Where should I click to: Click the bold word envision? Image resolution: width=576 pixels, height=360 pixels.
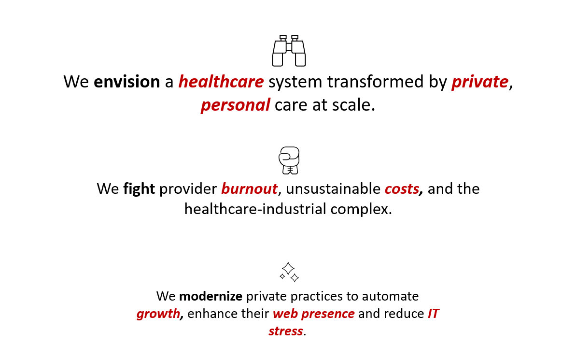pyautogui.click(x=126, y=82)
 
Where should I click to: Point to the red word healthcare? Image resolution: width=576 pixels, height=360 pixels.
pyautogui.click(x=221, y=82)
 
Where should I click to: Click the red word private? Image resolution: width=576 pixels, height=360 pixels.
pyautogui.click(x=480, y=82)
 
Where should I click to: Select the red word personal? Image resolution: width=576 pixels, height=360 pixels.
pyautogui.click(x=236, y=105)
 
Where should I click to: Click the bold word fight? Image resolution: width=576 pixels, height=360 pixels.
pyautogui.click(x=139, y=189)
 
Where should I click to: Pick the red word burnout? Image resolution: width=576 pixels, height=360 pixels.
pyautogui.click(x=249, y=189)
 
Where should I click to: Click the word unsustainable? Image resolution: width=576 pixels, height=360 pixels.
pyautogui.click(x=333, y=189)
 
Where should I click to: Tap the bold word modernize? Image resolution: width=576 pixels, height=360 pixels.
pyautogui.click(x=211, y=296)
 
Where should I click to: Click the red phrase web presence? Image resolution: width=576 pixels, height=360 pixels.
pyautogui.click(x=313, y=314)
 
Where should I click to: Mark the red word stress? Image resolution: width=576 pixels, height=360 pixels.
pyautogui.click(x=286, y=331)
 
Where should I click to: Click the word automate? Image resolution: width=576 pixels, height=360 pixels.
pyautogui.click(x=390, y=296)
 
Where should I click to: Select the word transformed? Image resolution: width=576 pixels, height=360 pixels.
pyautogui.click(x=376, y=82)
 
